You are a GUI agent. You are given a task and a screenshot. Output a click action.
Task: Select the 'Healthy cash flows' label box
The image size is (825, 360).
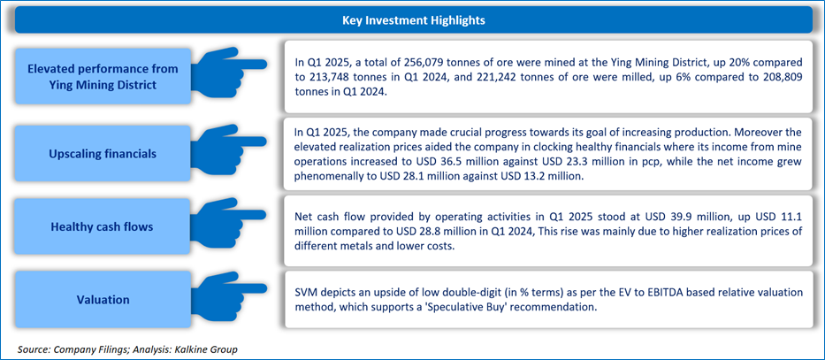coord(103,227)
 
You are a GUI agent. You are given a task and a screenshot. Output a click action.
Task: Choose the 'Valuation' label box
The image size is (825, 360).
coord(103,300)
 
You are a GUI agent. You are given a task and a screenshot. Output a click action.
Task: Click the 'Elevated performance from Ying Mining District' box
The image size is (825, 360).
coord(103,76)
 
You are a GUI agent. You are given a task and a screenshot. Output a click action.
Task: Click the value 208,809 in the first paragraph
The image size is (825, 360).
coord(781,76)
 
